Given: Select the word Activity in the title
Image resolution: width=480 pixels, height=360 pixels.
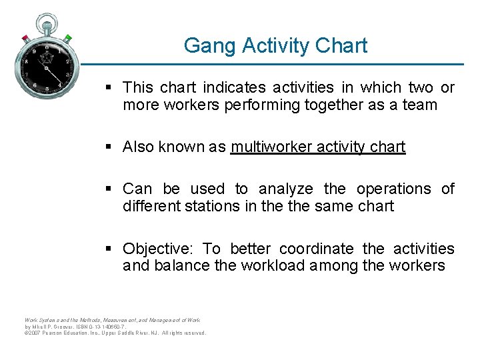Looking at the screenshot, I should click(273, 45).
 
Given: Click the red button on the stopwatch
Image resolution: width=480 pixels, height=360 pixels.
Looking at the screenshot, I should click(25, 38).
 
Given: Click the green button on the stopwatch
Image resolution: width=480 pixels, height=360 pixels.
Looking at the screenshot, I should click(67, 38).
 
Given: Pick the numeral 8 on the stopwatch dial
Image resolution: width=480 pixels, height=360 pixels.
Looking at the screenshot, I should click(27, 62).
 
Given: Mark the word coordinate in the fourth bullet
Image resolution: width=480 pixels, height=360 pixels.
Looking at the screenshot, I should click(317, 249).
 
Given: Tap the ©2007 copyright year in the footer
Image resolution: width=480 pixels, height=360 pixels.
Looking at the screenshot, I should click(32, 333).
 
